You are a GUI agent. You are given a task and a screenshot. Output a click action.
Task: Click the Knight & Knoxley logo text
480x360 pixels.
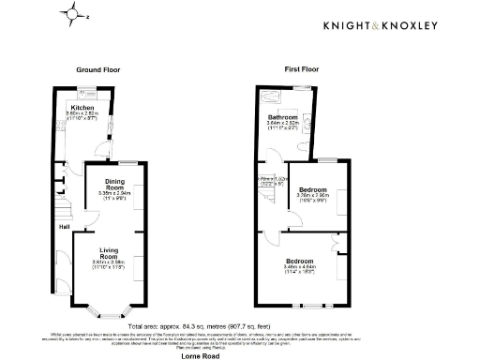point(382,25)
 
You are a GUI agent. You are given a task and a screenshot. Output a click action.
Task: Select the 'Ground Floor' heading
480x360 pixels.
point(98,70)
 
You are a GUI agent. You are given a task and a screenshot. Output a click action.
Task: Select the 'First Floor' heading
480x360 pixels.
point(303,70)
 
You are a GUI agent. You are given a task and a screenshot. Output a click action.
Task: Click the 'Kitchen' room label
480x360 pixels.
point(82,109)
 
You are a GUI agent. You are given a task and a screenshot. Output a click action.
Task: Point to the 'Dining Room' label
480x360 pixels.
point(114,184)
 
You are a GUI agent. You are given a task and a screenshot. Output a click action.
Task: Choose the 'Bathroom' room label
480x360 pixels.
point(284,117)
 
